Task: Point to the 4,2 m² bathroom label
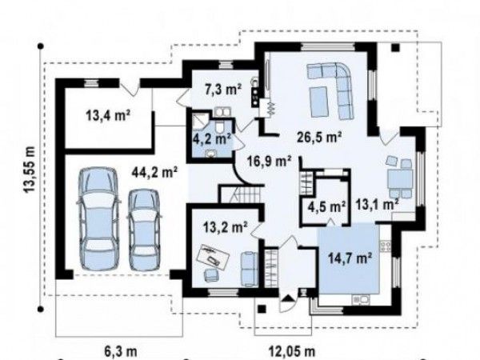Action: [x=211, y=139]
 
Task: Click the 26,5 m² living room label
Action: [x=319, y=138]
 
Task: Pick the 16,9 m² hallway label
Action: [x=269, y=161]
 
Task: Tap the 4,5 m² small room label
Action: [x=327, y=207]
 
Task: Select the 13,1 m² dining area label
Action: [x=377, y=204]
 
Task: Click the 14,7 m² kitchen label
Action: [x=350, y=258]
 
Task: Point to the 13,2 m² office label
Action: [x=226, y=227]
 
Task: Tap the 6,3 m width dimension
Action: [x=121, y=351]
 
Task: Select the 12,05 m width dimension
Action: [x=292, y=351]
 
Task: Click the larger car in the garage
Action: [x=98, y=219]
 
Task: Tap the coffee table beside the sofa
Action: [x=319, y=102]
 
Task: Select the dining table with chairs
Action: [x=399, y=178]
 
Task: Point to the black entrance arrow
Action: [x=287, y=298]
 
